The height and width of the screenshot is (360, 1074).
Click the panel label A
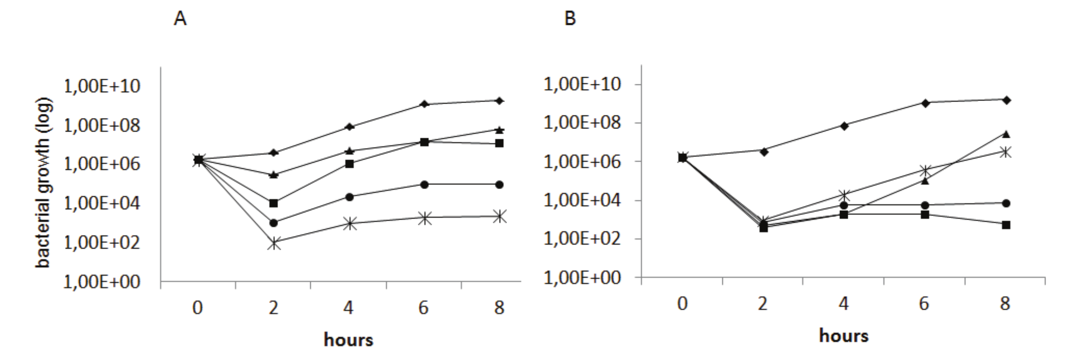coord(180,19)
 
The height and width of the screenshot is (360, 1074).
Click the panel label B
coord(570,19)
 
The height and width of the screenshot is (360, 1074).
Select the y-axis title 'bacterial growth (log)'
coord(43,182)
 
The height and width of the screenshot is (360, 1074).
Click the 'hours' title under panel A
coord(349,340)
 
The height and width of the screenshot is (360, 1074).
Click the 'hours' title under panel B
coord(844,336)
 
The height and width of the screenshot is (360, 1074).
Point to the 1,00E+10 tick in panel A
coord(101,87)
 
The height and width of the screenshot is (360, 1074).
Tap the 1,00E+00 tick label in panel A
coord(101,282)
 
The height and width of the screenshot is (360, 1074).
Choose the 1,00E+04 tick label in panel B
coord(582,200)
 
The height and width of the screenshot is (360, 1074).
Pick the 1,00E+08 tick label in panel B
coord(582,123)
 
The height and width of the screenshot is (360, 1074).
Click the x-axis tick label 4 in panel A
coord(349,308)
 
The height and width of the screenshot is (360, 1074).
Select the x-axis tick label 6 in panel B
coord(924,304)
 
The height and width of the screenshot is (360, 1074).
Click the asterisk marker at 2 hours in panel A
coord(274,242)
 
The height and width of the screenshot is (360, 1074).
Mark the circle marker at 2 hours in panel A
coord(274,223)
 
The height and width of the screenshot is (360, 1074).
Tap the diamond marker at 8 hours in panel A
coord(499,100)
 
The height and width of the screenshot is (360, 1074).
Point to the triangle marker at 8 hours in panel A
coord(499,129)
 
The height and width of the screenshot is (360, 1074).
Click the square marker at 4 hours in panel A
coord(349,164)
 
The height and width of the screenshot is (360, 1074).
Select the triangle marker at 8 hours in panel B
coord(1006,134)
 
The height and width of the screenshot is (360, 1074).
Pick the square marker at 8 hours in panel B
coord(1006,225)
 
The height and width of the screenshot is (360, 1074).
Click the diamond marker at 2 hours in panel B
coord(763,151)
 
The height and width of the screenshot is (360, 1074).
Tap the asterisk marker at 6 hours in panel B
coord(925,170)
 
